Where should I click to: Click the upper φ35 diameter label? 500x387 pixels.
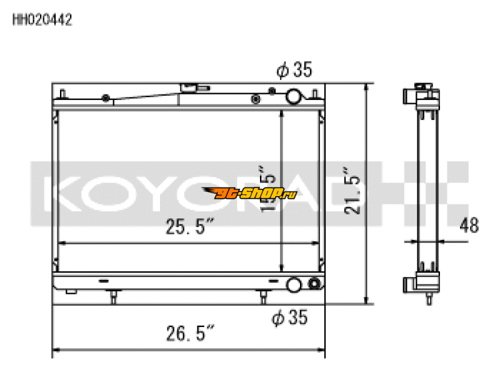[x=293, y=71]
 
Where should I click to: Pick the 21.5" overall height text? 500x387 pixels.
[x=354, y=194]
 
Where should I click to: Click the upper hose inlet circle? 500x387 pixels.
[x=293, y=96]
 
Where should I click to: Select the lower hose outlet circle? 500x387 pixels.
[x=293, y=286]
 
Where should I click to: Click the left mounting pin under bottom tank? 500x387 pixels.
[x=113, y=296]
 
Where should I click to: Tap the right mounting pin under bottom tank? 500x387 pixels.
[x=264, y=296]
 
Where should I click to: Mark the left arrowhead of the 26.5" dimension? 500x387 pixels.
[x=55, y=350]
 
